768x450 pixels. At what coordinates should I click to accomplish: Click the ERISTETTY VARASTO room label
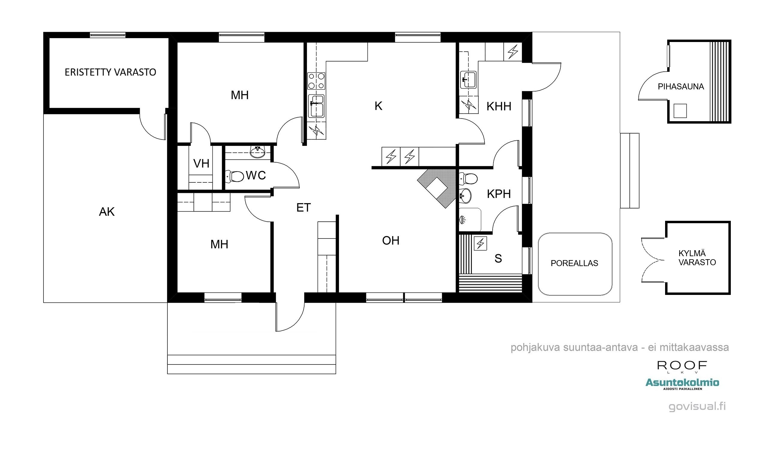(x=110, y=72)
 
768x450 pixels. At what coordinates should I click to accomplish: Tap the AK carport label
(x=107, y=212)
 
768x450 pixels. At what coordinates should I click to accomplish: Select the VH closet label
(x=201, y=163)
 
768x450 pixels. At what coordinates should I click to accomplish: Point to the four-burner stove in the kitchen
(x=316, y=81)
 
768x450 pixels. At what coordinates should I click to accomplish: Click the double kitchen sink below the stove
(x=316, y=106)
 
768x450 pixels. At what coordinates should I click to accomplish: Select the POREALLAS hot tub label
(x=574, y=263)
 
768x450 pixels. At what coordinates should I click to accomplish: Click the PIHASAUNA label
(x=680, y=86)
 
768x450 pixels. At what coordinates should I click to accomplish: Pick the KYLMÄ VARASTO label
(x=697, y=258)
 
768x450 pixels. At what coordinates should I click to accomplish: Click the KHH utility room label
(x=499, y=106)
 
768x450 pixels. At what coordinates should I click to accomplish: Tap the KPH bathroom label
(x=499, y=194)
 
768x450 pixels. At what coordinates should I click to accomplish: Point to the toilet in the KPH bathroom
(x=468, y=179)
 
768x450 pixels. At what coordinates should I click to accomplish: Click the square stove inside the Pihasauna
(x=680, y=111)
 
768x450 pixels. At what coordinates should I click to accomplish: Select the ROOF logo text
(x=682, y=365)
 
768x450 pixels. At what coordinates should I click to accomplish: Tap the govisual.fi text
(x=697, y=406)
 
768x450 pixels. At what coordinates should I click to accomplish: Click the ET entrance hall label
(x=303, y=208)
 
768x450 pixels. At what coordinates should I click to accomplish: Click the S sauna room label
(x=498, y=258)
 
